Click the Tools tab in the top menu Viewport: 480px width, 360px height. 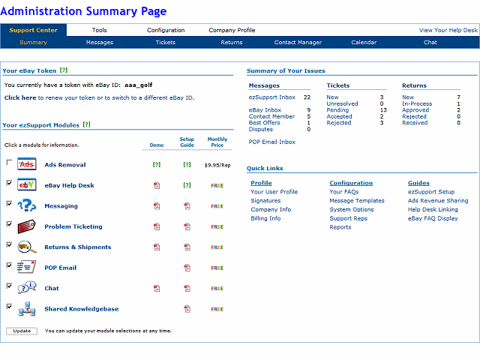(99, 30)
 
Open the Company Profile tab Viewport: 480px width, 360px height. (232, 30)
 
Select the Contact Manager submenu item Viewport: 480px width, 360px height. (298, 43)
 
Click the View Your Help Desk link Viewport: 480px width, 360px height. (448, 30)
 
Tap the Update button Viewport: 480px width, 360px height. (22, 331)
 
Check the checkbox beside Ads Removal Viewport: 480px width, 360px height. (9, 163)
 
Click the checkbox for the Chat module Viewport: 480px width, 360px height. (9, 286)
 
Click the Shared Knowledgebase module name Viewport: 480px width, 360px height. (81, 309)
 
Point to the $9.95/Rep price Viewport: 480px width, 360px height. (217, 165)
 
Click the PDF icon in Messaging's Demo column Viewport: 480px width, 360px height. (157, 206)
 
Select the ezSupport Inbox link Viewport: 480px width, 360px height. (272, 97)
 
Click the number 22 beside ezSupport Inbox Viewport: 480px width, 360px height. (307, 97)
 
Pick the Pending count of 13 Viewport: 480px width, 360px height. (383, 110)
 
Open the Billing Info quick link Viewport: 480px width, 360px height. (265, 218)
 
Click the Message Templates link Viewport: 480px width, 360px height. (357, 201)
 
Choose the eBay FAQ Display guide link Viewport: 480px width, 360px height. (433, 218)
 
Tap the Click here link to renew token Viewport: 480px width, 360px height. (20, 97)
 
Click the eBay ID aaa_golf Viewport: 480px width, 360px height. (143, 85)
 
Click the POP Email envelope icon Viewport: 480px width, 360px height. (27, 267)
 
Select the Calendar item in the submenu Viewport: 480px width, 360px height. (364, 43)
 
